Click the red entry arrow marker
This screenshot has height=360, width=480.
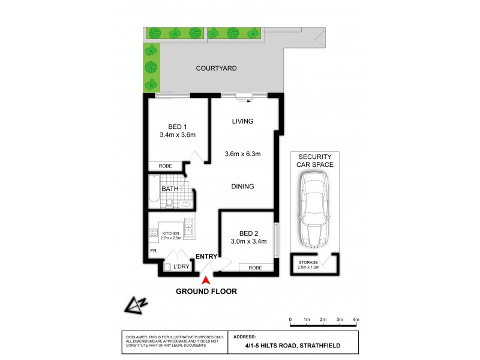[207, 280]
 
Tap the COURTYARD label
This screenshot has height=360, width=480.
[216, 68]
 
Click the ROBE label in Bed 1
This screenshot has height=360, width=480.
[166, 166]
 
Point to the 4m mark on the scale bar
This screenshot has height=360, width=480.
[356, 319]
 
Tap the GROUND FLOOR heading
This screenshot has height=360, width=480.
[206, 292]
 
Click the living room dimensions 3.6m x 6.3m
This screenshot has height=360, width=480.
[243, 154]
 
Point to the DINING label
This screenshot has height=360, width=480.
[243, 187]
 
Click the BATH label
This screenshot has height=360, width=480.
[170, 189]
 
